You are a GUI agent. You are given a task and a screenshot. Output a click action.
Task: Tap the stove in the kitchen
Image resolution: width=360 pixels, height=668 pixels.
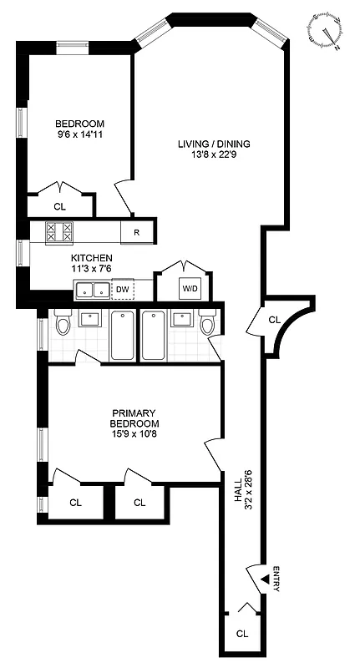[58, 231]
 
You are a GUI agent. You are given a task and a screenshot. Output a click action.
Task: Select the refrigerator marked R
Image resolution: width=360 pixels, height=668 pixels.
[136, 232]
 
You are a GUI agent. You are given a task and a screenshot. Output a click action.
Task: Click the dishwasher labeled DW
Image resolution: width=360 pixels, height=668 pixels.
[122, 290]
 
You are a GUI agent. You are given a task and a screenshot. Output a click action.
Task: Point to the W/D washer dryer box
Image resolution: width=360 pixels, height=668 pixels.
[190, 289]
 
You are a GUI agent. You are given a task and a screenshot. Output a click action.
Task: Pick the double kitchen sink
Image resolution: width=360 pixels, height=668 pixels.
[92, 290]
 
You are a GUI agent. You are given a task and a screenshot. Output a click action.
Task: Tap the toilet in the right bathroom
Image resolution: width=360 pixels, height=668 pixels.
[207, 322]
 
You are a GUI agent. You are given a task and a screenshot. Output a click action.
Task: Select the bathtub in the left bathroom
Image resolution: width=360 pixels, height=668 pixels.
[122, 335]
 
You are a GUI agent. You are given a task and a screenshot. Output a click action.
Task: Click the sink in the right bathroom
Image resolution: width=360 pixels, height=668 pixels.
[180, 318]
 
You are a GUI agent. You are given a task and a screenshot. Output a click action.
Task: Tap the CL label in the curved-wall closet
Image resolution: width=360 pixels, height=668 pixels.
[275, 319]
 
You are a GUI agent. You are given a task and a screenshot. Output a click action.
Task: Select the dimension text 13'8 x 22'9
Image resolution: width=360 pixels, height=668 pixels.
[213, 155]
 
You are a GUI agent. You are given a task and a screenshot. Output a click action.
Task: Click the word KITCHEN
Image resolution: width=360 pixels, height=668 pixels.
[92, 257]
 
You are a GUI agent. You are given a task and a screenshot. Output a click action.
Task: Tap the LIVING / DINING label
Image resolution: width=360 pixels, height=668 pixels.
[213, 144]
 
